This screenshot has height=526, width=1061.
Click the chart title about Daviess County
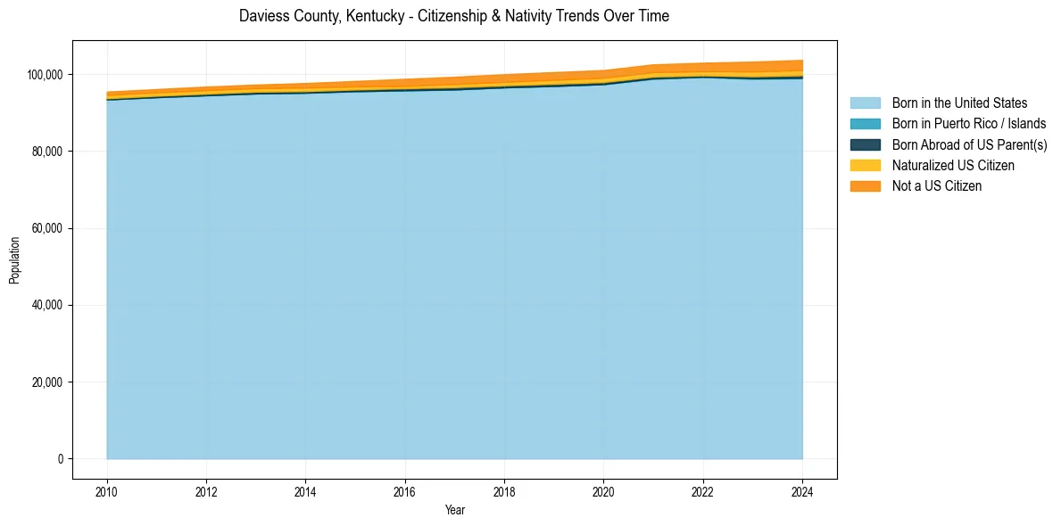tap(454, 16)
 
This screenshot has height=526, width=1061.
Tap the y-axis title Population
tap(14, 260)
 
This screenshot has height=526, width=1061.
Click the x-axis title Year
tap(454, 510)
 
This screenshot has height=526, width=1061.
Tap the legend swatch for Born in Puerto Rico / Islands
tap(865, 124)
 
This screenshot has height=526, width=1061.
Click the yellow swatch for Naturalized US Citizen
tap(865, 165)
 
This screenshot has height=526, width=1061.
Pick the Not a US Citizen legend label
tap(936, 185)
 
